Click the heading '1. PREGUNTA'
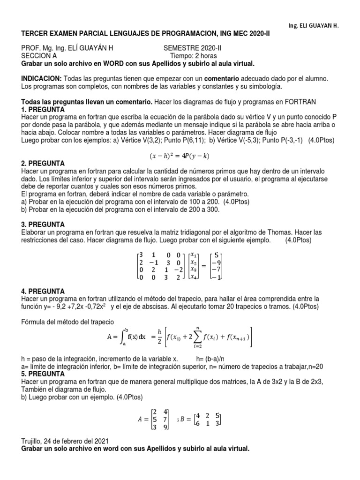click(x=43, y=109)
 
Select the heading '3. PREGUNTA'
click(x=43, y=225)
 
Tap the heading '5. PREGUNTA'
click(x=43, y=374)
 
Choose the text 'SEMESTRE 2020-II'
click(x=191, y=48)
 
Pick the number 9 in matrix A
click(x=164, y=427)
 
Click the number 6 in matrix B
click(x=197, y=423)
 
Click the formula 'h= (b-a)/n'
click(x=213, y=359)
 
